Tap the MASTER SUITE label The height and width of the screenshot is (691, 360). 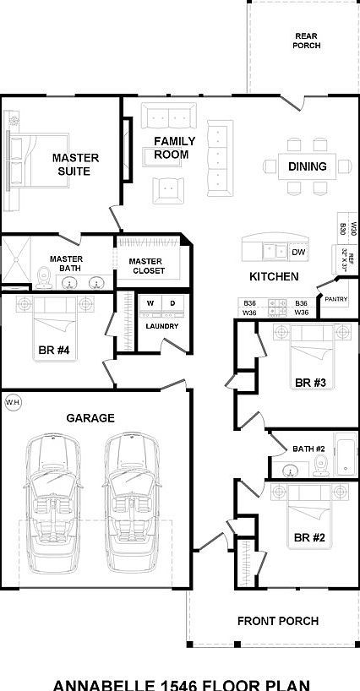click(75, 164)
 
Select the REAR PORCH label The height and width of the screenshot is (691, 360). click(306, 40)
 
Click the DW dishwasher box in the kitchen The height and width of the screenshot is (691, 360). click(297, 253)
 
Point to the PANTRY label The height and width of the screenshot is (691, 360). click(335, 298)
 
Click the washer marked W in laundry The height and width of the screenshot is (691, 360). click(150, 303)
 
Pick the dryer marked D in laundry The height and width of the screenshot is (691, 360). click(172, 303)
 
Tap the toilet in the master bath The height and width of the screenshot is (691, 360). click(45, 276)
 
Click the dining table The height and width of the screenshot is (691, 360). click(307, 166)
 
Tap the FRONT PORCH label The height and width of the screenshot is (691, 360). click(278, 621)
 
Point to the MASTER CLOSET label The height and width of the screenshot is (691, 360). click(146, 267)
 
